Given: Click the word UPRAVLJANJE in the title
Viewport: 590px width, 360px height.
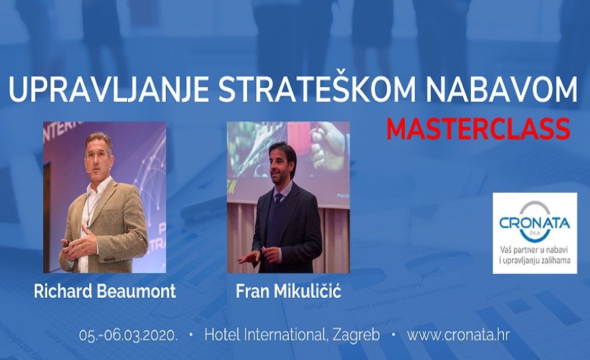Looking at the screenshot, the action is tap(108, 90).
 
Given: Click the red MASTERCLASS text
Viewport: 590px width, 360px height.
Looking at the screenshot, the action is tap(479, 129).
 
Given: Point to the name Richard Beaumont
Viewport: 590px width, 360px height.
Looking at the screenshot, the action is tap(105, 291).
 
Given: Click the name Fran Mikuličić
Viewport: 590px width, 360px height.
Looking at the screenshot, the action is tap(288, 290).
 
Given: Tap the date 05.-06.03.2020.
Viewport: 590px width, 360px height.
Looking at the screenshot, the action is tap(128, 335).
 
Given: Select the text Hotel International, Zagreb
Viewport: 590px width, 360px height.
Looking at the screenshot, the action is tap(292, 335).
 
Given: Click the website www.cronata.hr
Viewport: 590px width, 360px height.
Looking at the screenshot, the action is tap(458, 335).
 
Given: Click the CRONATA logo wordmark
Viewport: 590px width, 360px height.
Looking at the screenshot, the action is tap(535, 224).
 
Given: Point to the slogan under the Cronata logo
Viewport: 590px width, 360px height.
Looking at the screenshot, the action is tap(535, 254).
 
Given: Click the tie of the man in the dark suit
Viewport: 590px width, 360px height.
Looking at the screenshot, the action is tap(279, 197).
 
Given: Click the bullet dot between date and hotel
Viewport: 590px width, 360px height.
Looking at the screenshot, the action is tap(191, 335).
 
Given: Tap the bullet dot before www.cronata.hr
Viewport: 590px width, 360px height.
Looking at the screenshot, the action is tap(393, 335).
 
